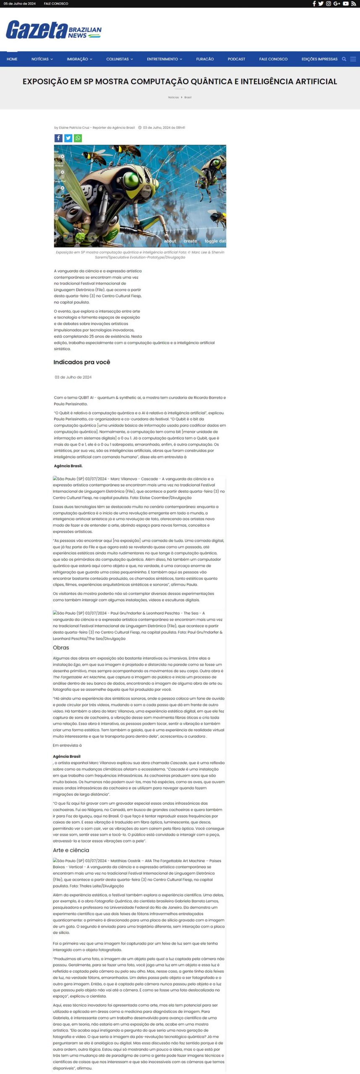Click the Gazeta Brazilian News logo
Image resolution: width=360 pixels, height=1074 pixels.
(x=54, y=30)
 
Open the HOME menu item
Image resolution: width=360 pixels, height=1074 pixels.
(x=12, y=59)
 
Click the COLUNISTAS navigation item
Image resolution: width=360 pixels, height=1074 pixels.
(x=119, y=59)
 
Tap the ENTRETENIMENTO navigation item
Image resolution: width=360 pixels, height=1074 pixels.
(x=164, y=59)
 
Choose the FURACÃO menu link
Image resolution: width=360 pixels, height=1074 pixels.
(x=205, y=59)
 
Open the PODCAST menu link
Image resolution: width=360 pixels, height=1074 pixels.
(x=236, y=59)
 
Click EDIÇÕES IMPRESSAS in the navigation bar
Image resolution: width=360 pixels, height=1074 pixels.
(x=319, y=59)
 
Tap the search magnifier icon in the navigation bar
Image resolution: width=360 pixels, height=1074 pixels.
(x=344, y=59)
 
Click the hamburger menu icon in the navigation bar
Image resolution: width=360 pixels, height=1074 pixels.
(x=353, y=59)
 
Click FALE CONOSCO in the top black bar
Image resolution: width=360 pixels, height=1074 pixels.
(x=56, y=4)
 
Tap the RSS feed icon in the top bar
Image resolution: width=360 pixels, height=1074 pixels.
(x=354, y=4)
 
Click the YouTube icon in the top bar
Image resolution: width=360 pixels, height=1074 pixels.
(x=346, y=4)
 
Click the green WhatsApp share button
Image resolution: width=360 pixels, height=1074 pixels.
(x=78, y=138)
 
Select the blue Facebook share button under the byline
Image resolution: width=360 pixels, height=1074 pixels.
(x=58, y=138)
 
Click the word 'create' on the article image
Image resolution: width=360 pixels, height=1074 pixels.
(x=190, y=241)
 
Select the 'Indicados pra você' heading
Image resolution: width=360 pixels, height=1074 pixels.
(x=82, y=362)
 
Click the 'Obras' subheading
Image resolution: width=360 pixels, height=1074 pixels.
(x=61, y=647)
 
